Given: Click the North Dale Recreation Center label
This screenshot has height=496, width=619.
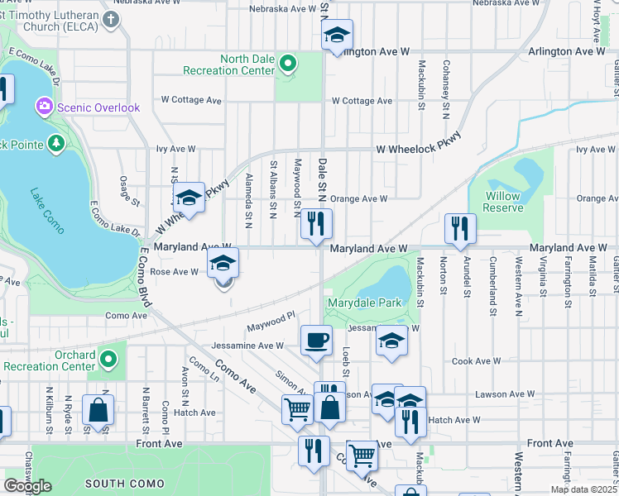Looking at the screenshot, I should coord(247,64).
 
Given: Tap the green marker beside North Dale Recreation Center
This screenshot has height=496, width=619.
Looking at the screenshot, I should coord(288,63).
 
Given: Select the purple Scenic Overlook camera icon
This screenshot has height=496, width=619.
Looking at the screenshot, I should coord(44,107).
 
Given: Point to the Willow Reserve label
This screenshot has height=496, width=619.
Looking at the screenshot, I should coord(502,202).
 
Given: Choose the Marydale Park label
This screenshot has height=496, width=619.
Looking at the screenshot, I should coord(364,303).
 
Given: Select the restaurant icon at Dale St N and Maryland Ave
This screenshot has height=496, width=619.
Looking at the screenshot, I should coord(316,223).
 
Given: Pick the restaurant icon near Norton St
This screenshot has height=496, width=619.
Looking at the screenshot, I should coord(458,228).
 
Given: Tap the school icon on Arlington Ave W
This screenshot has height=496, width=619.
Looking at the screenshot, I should coord(337,36).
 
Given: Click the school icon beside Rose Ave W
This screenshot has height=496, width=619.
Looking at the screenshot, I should coord(222,263).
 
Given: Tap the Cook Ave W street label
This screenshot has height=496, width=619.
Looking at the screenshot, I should coord(473,362).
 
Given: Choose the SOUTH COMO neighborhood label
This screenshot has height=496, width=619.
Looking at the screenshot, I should coord(115,484).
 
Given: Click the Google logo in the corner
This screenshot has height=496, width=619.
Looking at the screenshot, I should coord(27,486).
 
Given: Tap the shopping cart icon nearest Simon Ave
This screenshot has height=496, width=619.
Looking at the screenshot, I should coord(297,408).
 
